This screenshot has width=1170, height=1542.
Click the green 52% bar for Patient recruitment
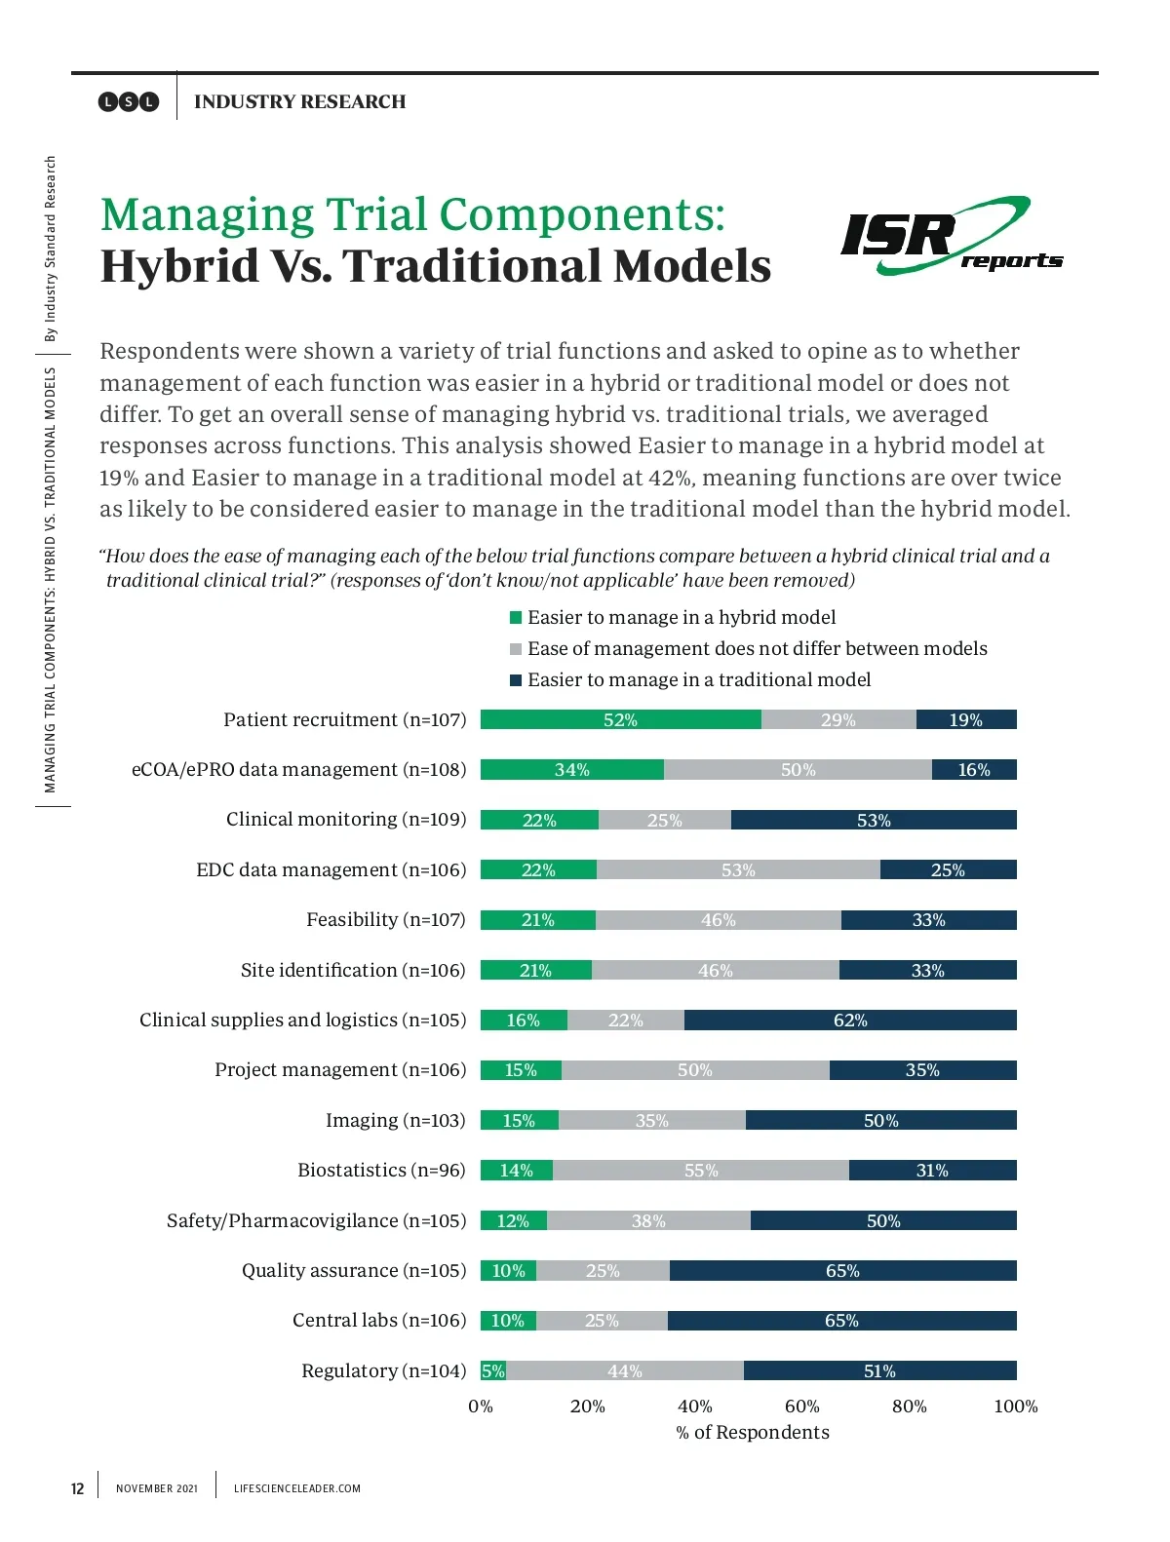(x=620, y=719)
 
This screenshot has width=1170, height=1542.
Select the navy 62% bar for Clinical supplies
(x=850, y=1020)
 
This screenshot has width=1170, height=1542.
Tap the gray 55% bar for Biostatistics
(x=700, y=1170)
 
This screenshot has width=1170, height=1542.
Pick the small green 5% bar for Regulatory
(x=493, y=1370)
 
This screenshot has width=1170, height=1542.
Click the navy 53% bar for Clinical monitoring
(x=874, y=820)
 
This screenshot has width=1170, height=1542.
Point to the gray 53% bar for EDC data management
(x=738, y=869)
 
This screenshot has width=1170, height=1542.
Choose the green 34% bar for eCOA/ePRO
(x=572, y=769)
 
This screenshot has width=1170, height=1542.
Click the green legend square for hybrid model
(x=516, y=618)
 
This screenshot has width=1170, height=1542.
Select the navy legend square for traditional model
(x=516, y=680)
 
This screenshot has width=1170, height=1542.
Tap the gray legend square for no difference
(x=516, y=649)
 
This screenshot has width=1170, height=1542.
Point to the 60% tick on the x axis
(x=801, y=1406)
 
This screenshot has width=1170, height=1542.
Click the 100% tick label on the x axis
(x=1015, y=1406)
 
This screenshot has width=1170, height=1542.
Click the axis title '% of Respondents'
(x=753, y=1432)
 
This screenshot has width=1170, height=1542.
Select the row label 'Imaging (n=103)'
(x=396, y=1120)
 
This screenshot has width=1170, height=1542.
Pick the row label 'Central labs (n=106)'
(x=379, y=1320)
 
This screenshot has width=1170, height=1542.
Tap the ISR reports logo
(x=950, y=236)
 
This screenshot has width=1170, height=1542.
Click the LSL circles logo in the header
(x=129, y=101)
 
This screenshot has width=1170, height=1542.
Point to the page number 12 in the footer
(x=78, y=1488)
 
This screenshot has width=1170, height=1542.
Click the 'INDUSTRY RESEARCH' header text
(x=300, y=101)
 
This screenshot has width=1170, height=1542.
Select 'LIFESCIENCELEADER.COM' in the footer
(x=297, y=1488)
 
